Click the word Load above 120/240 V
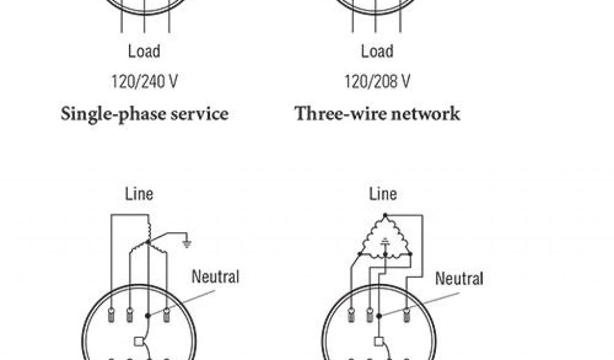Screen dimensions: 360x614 pyautogui.click(x=144, y=52)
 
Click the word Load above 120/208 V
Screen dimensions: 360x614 pyautogui.click(x=377, y=52)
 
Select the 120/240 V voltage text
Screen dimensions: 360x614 pyautogui.click(x=144, y=82)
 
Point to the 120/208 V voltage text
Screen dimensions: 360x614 pyautogui.click(x=377, y=82)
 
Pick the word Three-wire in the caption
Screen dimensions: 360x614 pyautogui.click(x=332, y=113)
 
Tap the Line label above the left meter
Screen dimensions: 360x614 pyautogui.click(x=139, y=194)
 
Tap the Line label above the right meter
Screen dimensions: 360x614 pyautogui.click(x=383, y=194)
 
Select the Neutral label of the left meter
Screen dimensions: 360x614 pyautogui.click(x=215, y=277)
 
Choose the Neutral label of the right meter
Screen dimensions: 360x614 pyautogui.click(x=459, y=278)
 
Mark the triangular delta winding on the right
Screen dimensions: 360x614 pyautogui.click(x=385, y=238)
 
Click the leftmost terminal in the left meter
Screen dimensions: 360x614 pyautogui.click(x=112, y=313)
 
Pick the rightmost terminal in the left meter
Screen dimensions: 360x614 pyautogui.click(x=166, y=313)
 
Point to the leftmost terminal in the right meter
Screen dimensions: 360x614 pyautogui.click(x=351, y=313)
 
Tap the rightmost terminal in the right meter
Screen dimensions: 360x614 pyautogui.click(x=407, y=313)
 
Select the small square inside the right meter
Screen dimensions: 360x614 pyautogui.click(x=378, y=342)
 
